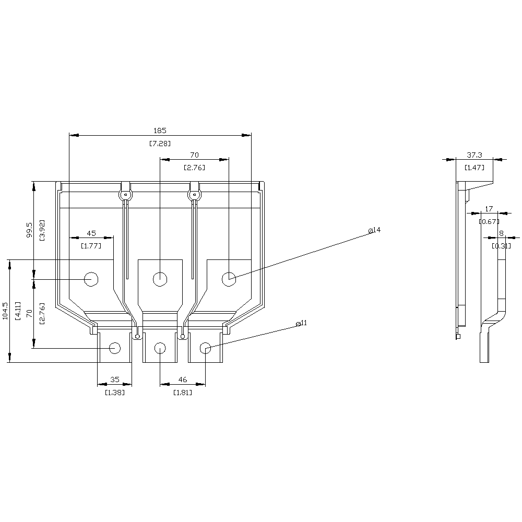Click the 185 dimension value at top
click(x=160, y=130)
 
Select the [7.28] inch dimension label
click(x=160, y=143)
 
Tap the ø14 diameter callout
click(x=374, y=230)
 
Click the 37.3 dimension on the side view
click(x=474, y=156)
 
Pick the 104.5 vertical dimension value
click(x=6, y=311)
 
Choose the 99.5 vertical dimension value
click(x=30, y=230)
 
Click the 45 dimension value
click(x=91, y=233)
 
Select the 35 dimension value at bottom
click(x=115, y=380)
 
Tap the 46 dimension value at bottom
click(x=182, y=380)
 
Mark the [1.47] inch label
click(x=474, y=168)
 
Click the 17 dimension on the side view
click(x=489, y=209)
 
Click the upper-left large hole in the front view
click(x=91, y=279)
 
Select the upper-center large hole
click(x=160, y=279)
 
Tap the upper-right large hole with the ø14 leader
click(x=229, y=279)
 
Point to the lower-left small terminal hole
click(x=115, y=348)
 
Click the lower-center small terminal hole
click(x=160, y=348)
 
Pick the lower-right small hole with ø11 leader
click(x=206, y=348)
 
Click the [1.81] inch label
click(x=182, y=392)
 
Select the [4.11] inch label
click(x=18, y=311)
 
